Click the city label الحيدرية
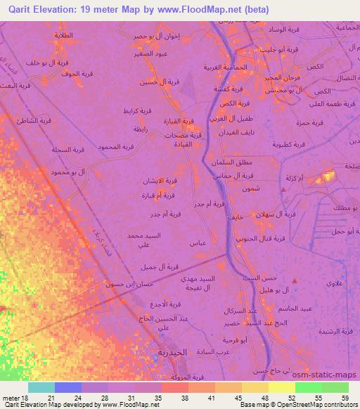pos(172,351)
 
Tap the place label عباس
pos(196,242)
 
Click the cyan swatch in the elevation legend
pos(41,387)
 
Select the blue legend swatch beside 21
pos(68,387)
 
